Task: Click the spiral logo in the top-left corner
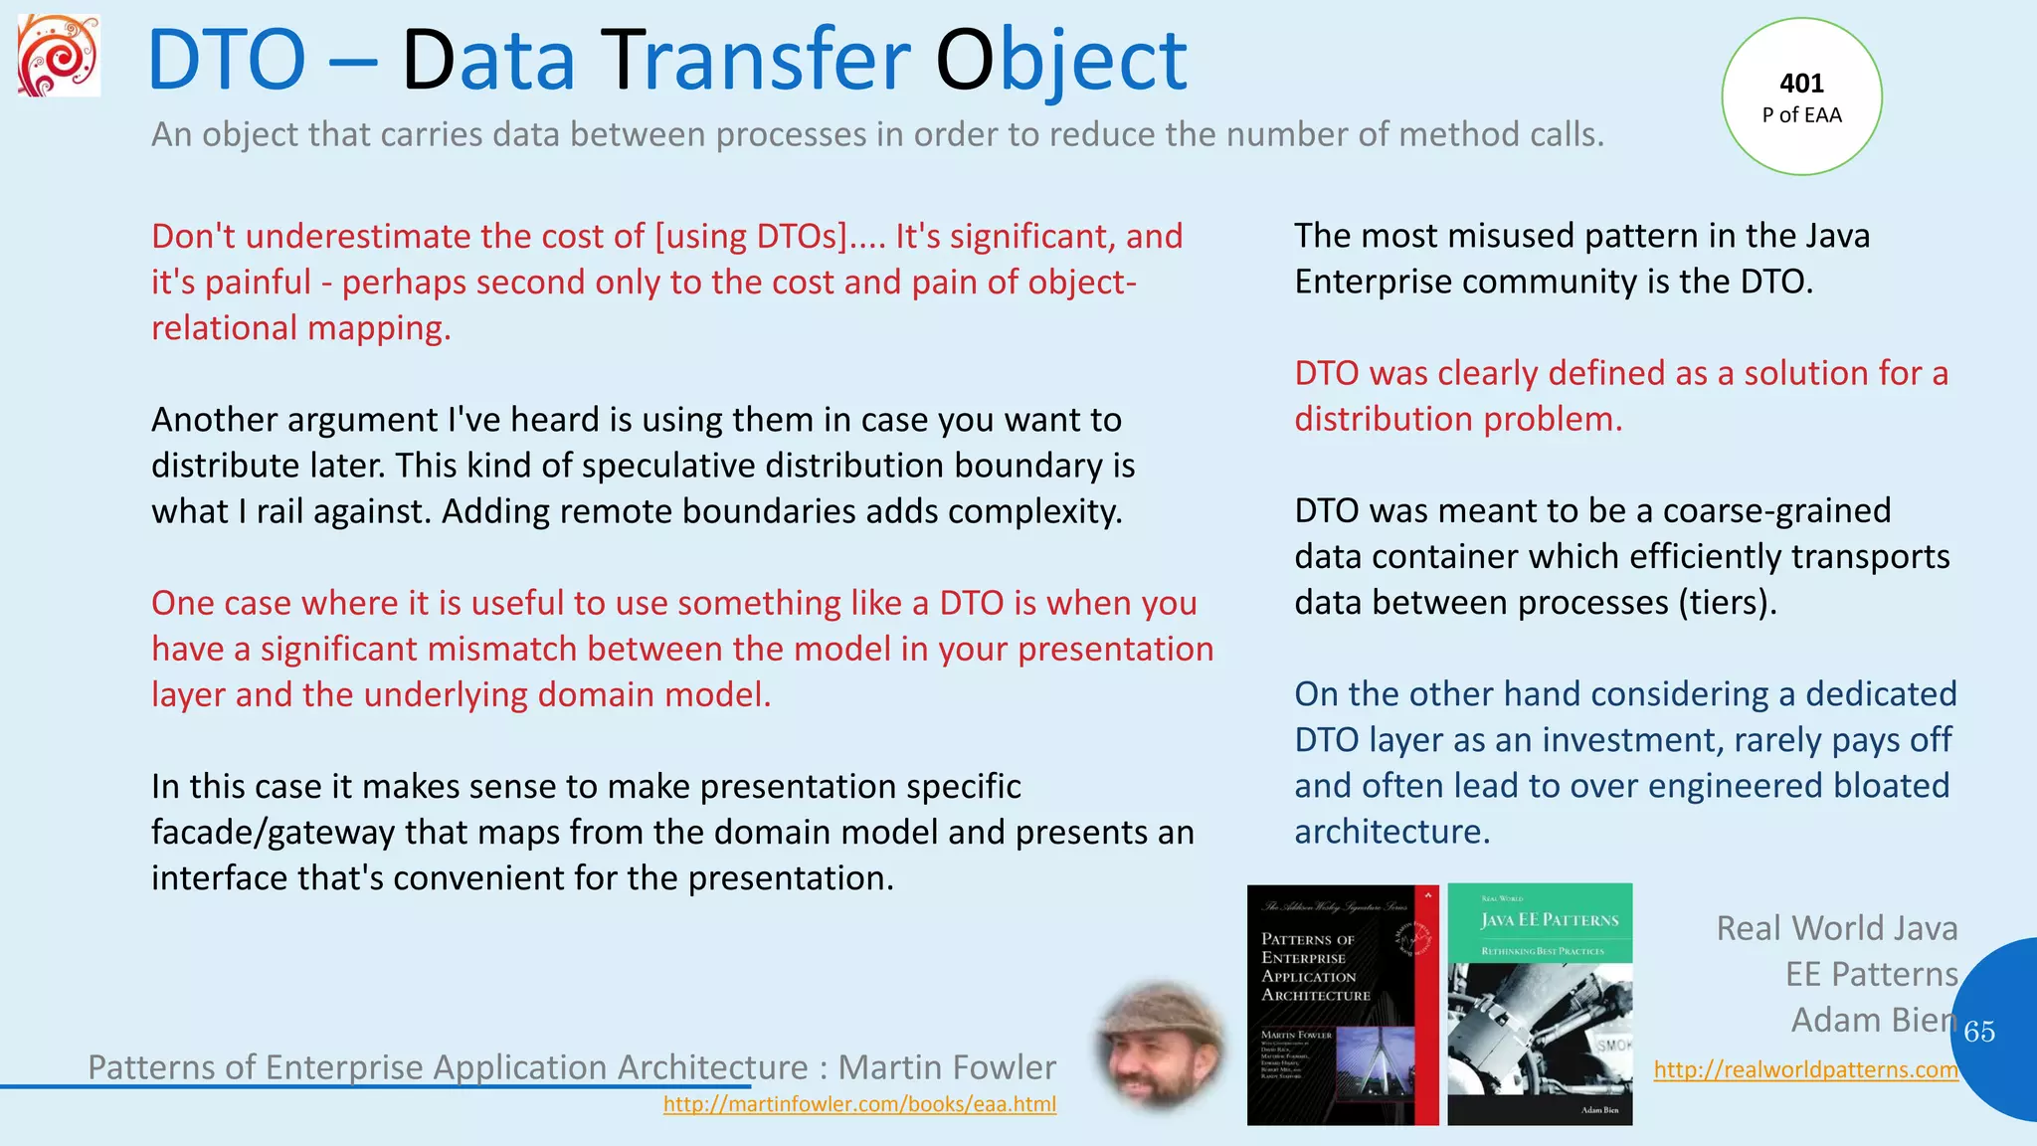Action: [59, 56]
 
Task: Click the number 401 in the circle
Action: [1801, 84]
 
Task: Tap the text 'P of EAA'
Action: [1801, 115]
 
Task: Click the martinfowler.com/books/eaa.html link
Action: [859, 1104]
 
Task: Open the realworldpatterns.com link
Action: [1805, 1069]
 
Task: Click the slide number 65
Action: [1978, 1032]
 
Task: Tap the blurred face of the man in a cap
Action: [1160, 1047]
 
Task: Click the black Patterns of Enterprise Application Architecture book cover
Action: [1342, 1005]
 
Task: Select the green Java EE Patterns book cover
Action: [1540, 1005]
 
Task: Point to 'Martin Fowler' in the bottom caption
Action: [946, 1067]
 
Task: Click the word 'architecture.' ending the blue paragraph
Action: [1391, 832]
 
